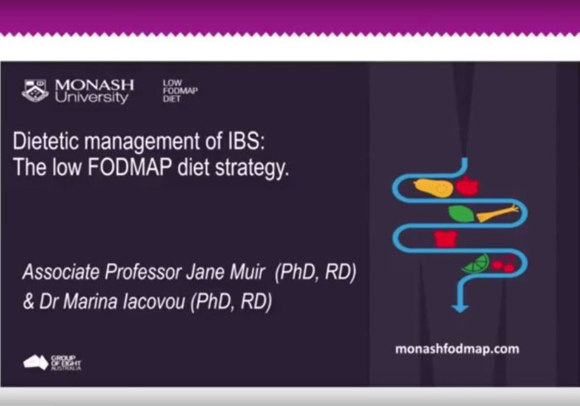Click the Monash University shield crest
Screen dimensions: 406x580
(35, 90)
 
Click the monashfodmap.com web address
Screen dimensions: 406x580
(459, 349)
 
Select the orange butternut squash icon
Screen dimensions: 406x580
(433, 188)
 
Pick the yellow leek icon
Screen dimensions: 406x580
(497, 214)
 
